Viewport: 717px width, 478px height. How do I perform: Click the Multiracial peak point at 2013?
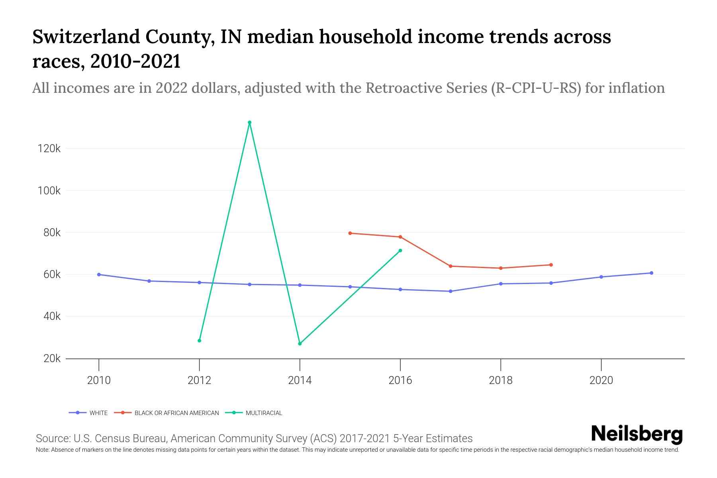tap(249, 123)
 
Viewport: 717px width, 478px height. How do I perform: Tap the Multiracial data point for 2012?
tap(199, 341)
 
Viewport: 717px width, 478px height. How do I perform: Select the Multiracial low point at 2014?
tap(300, 343)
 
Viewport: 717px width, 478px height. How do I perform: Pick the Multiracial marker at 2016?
tap(400, 251)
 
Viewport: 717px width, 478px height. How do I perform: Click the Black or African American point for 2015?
tap(350, 233)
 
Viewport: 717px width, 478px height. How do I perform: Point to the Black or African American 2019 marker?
tap(551, 265)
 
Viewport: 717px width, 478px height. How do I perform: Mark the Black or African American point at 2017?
tap(451, 266)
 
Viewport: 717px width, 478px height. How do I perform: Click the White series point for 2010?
tap(99, 274)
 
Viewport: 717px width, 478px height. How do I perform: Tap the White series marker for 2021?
tap(651, 273)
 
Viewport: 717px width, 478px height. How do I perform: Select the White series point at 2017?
tap(451, 291)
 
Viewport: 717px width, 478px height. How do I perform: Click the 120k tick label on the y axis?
tap(49, 149)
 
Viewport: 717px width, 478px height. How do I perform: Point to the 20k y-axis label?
tap(52, 358)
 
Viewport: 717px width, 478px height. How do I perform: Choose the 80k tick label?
tap(52, 233)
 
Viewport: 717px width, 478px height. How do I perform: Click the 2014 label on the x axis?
tap(300, 380)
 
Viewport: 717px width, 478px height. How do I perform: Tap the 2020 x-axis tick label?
tap(601, 380)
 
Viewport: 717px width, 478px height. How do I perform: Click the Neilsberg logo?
tap(637, 434)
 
